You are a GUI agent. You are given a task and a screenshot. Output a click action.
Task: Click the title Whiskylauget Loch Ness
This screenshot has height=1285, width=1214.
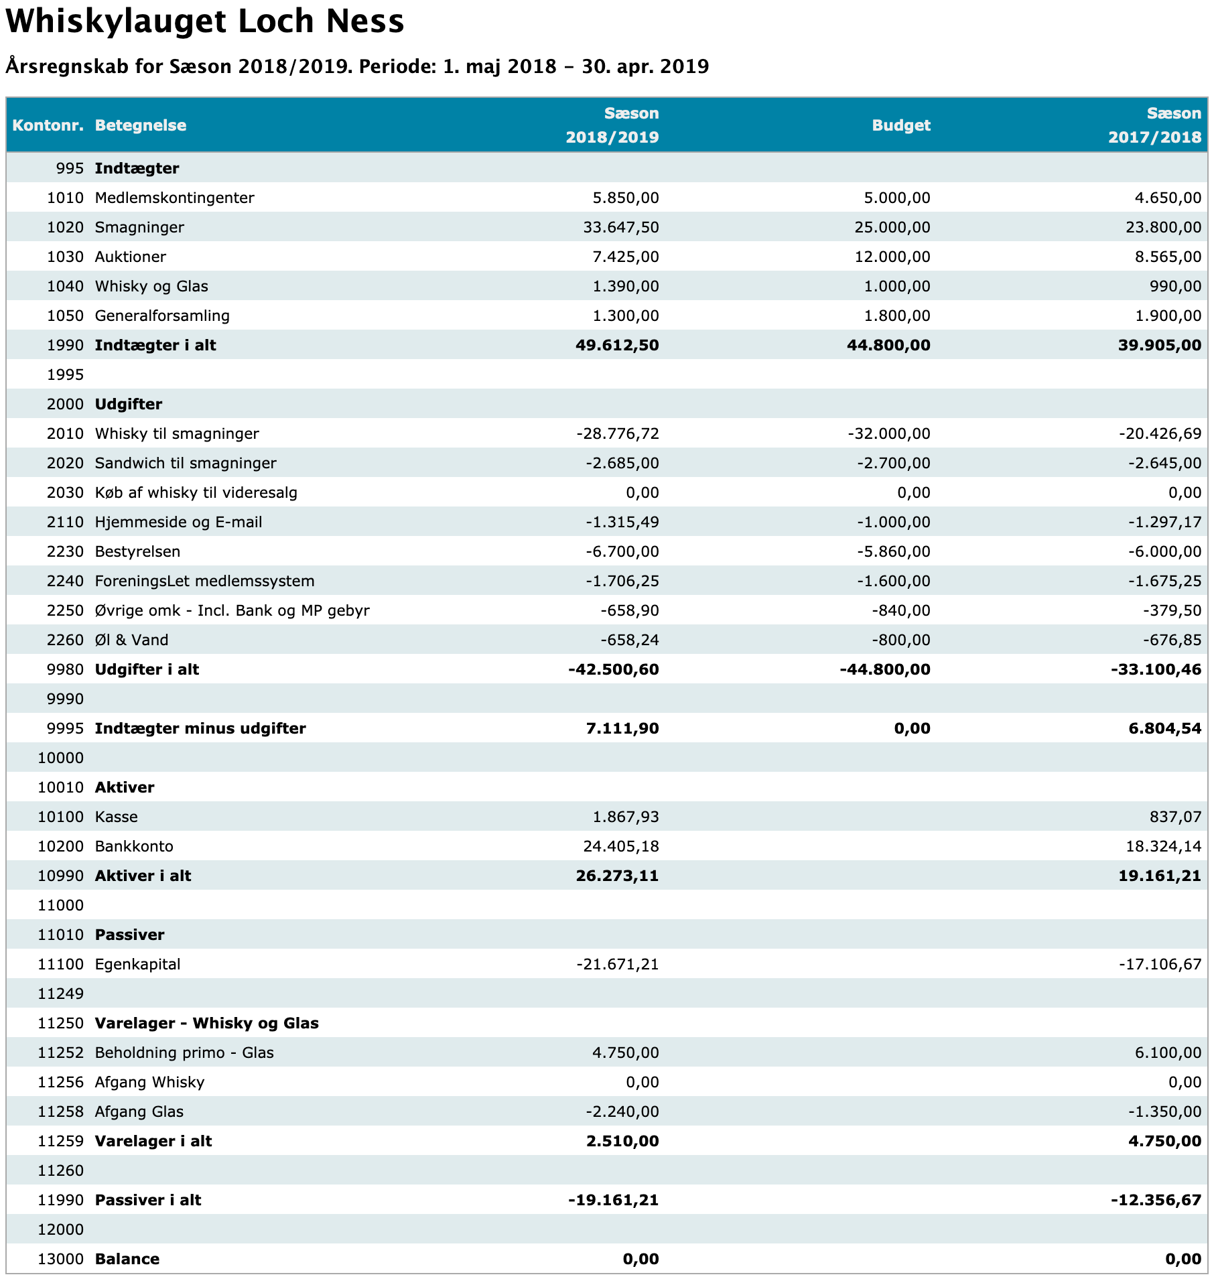205,21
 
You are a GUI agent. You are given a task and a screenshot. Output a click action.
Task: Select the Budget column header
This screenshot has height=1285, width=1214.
901,125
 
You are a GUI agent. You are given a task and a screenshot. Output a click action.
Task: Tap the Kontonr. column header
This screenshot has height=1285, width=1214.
48,125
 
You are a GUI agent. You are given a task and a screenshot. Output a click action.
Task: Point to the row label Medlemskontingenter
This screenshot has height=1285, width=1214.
175,198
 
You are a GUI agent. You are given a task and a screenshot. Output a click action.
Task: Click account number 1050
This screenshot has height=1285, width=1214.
66,316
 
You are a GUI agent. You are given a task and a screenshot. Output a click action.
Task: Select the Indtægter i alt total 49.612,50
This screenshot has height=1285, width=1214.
617,345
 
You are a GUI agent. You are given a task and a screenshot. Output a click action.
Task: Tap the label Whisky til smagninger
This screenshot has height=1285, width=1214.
177,433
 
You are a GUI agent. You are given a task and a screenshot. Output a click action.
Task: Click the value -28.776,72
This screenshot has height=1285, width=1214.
618,433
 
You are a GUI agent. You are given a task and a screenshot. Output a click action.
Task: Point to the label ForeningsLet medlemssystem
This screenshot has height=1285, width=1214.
205,581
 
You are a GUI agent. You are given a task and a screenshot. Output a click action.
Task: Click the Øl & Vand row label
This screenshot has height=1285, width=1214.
132,640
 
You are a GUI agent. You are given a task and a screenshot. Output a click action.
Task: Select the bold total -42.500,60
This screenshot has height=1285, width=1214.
614,669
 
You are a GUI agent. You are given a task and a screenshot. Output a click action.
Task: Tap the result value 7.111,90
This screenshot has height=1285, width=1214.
622,728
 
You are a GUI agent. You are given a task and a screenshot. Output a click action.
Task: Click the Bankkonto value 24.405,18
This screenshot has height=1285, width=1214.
621,846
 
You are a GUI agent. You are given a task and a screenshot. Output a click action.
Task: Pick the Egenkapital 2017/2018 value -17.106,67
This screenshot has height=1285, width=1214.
1160,964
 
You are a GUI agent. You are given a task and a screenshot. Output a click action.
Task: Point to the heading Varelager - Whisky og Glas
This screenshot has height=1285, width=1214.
207,1023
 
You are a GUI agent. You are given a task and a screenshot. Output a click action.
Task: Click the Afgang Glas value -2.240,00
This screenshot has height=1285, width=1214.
622,1111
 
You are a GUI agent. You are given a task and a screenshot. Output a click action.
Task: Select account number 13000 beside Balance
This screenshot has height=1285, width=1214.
61,1259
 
